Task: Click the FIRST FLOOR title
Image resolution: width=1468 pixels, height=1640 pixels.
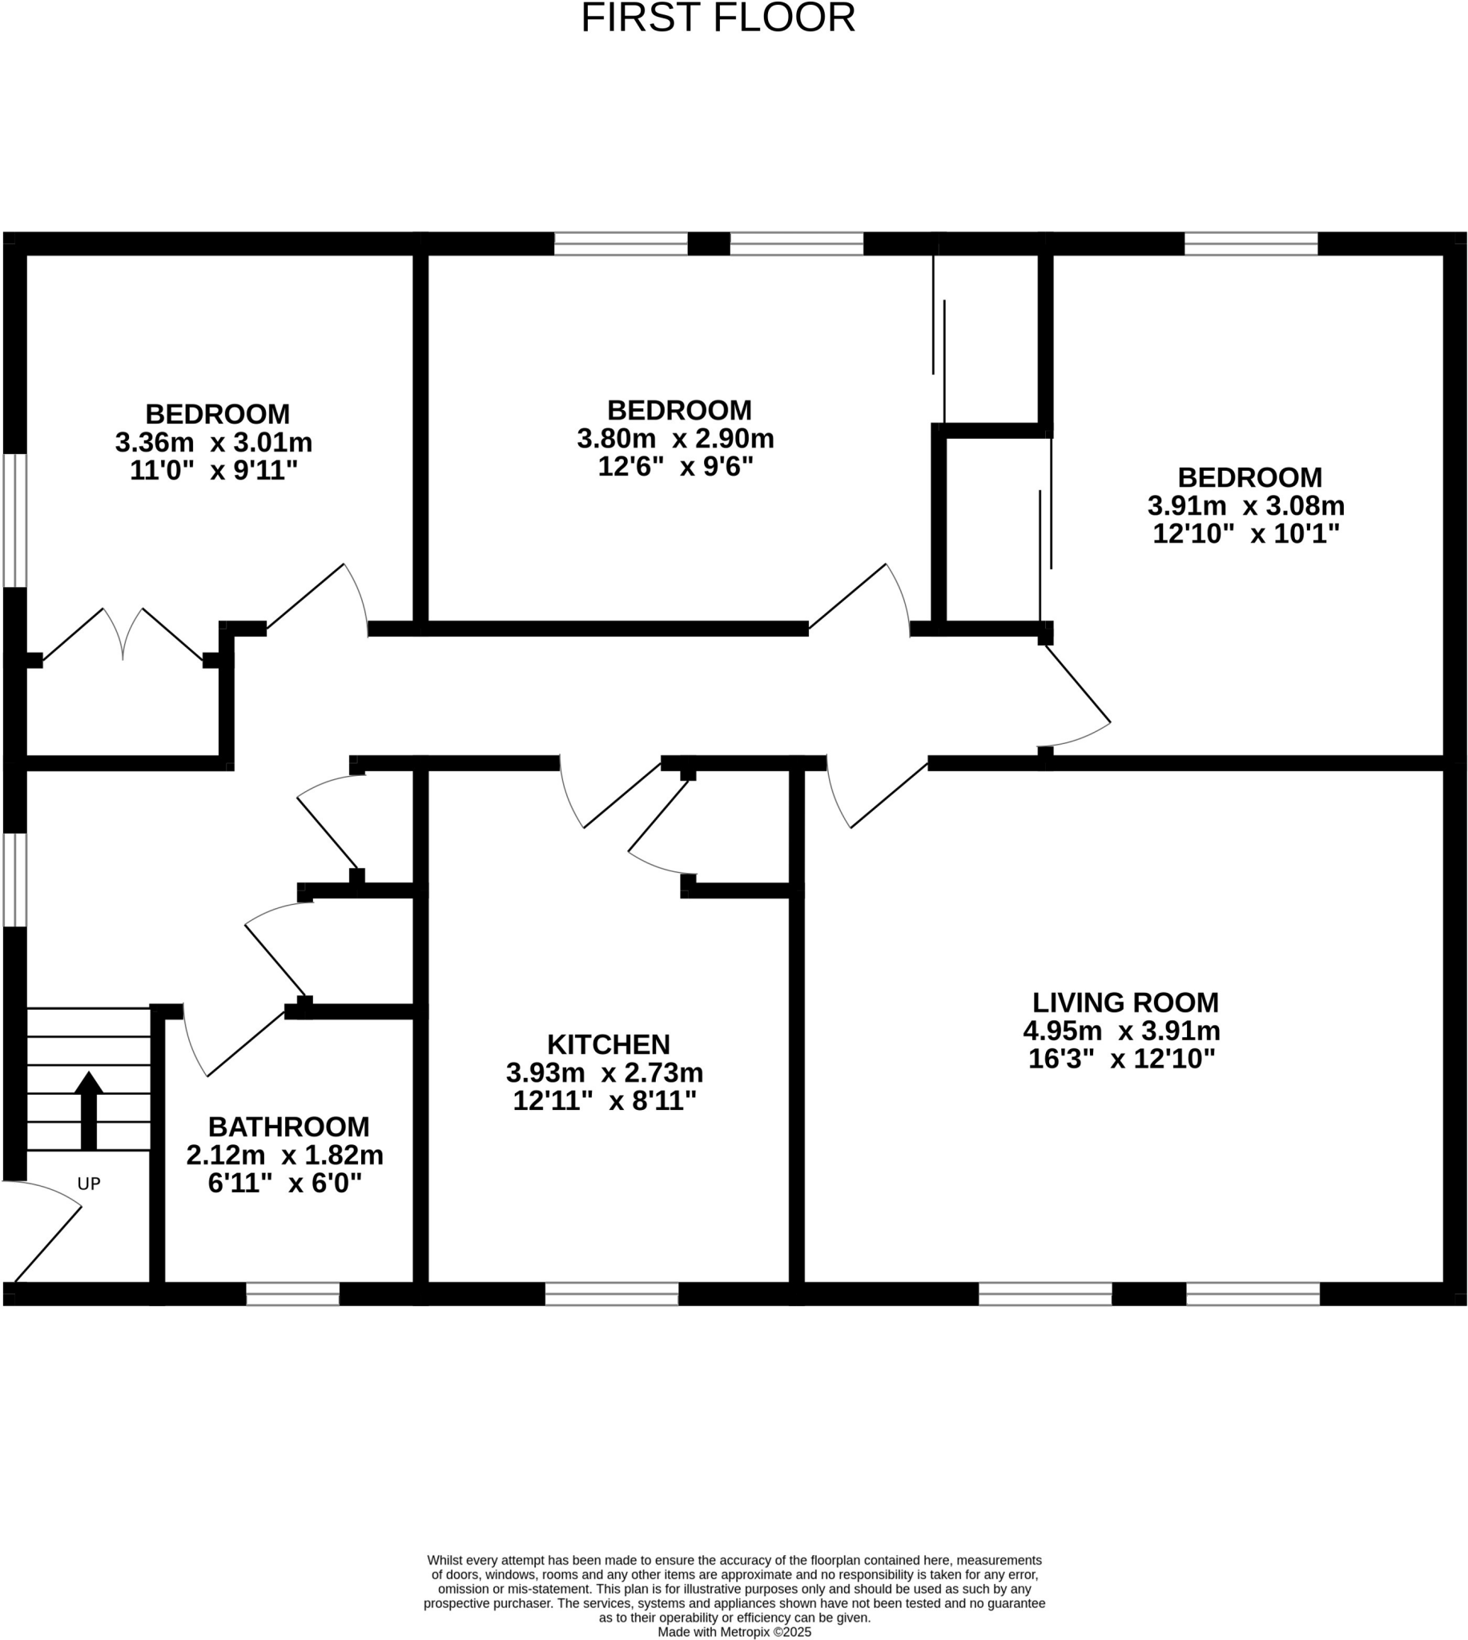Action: (x=718, y=18)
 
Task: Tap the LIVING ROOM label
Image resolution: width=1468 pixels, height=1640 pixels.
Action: (x=1125, y=1003)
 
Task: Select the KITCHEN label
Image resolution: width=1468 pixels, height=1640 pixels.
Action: (x=608, y=1044)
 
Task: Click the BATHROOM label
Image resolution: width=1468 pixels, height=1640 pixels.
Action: (x=289, y=1127)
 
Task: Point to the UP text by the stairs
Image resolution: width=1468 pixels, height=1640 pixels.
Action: (x=89, y=1184)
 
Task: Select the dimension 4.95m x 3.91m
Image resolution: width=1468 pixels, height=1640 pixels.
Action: (x=1121, y=1031)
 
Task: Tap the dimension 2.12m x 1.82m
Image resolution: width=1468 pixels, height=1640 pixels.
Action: (x=285, y=1156)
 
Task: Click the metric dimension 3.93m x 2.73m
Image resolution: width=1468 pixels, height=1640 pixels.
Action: (x=604, y=1073)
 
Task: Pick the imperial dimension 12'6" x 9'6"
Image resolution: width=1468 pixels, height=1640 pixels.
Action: (x=675, y=466)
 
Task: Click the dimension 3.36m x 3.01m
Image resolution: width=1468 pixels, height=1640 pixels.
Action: (x=214, y=443)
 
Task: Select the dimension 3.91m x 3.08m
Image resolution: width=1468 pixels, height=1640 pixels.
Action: (x=1246, y=506)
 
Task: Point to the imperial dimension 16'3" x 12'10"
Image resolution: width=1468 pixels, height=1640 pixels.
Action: (x=1121, y=1059)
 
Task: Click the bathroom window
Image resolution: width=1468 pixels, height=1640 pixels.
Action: (x=293, y=1294)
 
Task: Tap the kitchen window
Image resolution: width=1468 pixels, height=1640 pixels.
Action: (x=611, y=1294)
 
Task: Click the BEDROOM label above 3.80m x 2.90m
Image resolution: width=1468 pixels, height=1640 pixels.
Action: (x=679, y=411)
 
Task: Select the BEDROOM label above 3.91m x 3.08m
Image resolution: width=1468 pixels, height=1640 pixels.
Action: (x=1249, y=477)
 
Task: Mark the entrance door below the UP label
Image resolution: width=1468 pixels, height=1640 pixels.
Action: (x=44, y=1234)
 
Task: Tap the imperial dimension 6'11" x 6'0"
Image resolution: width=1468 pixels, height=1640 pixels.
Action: (x=285, y=1183)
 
